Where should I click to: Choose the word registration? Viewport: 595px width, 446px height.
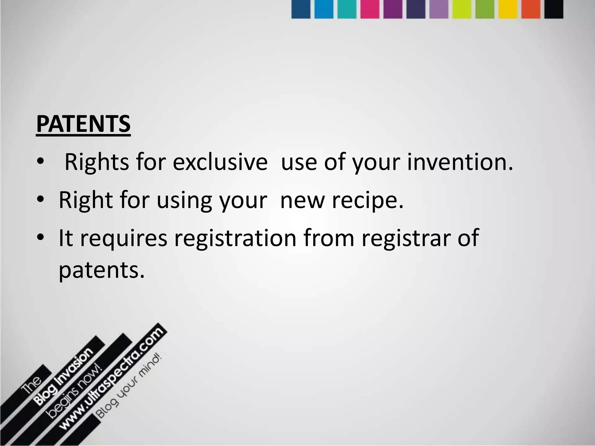click(x=235, y=238)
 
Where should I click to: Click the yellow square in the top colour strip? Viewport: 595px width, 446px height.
click(x=508, y=9)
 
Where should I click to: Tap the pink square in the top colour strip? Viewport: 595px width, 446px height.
click(x=370, y=9)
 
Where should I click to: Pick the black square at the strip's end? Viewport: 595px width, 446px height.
click(x=553, y=9)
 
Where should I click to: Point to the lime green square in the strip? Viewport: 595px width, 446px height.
click(x=462, y=9)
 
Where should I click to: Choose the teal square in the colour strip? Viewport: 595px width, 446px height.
click(x=347, y=9)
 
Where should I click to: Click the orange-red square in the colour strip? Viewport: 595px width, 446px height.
click(x=531, y=9)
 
